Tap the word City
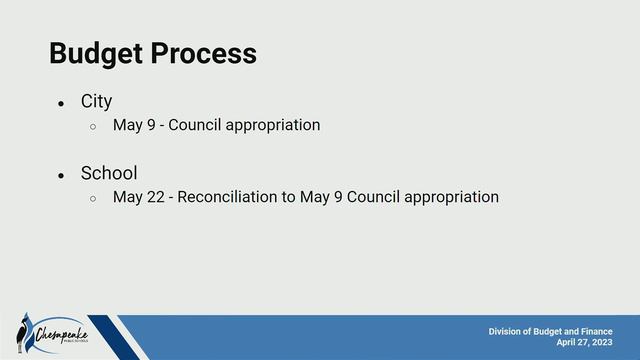click(96, 101)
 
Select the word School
click(109, 173)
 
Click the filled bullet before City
click(61, 103)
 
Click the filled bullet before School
click(61, 175)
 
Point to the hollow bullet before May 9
click(93, 126)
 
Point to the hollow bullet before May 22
click(93, 198)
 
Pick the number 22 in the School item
click(155, 197)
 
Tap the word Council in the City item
click(194, 125)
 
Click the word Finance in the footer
click(593, 331)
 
